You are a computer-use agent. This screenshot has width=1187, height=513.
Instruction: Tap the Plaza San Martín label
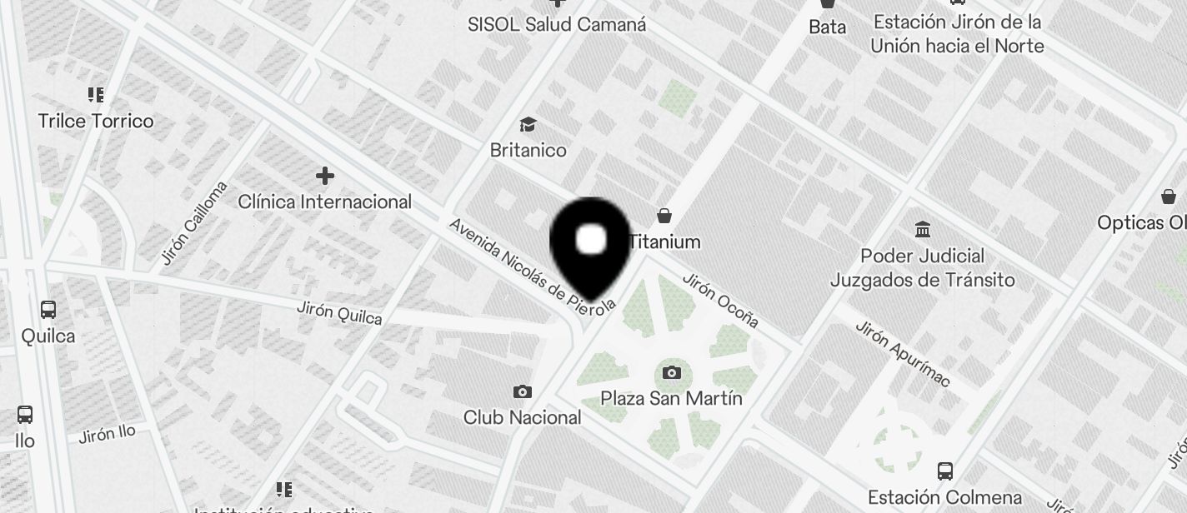coord(672,399)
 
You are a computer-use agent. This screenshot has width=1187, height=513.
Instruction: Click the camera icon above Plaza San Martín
coord(672,372)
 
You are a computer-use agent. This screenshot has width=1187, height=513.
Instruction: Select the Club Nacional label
coord(523,417)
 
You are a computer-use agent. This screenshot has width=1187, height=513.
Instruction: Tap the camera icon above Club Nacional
coord(523,391)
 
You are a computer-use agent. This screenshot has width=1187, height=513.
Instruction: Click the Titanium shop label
coord(664,242)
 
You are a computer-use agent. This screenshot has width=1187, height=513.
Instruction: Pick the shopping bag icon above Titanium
coord(664,217)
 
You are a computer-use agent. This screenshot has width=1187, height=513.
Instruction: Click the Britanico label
coord(528,151)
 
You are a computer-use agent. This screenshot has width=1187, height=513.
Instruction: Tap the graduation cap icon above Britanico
coord(528,125)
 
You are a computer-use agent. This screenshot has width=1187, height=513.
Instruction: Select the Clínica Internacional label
coord(325,202)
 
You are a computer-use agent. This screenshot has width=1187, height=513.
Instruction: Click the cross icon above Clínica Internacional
coord(325,176)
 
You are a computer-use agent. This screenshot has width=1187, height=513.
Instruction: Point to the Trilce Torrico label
coord(96,122)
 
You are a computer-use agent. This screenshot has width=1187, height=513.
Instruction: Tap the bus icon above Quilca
coord(48,310)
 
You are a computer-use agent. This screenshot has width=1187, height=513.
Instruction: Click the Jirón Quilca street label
coord(339,313)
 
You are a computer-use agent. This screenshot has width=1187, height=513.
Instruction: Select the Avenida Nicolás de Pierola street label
coord(532,266)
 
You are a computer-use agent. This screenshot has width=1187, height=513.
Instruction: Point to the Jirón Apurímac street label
coord(902,353)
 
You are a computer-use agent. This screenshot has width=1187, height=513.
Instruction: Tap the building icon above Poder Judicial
coord(923,229)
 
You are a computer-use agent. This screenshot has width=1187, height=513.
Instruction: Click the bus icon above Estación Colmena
coord(944,471)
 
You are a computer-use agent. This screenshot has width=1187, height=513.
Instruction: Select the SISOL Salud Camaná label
coord(557,25)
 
